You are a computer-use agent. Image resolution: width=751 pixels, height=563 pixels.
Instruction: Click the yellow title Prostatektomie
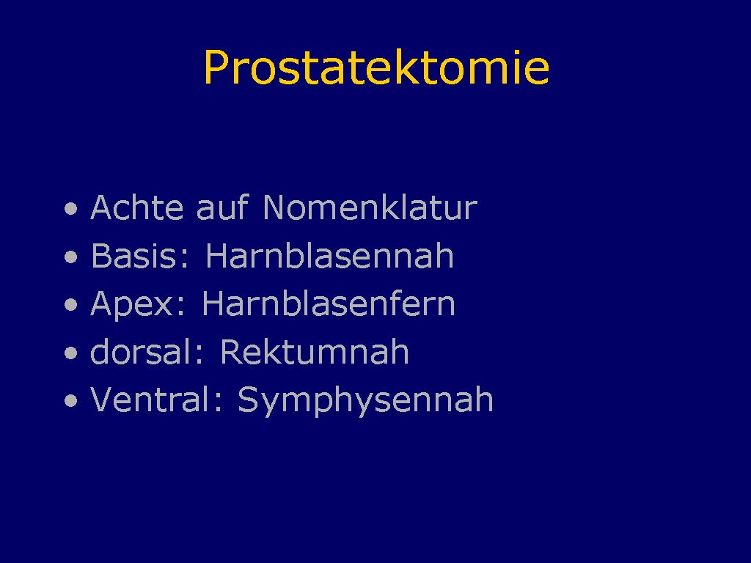(376, 67)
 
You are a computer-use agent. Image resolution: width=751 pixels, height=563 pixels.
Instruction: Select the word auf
(223, 207)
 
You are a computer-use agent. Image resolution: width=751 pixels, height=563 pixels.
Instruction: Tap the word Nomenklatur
(370, 207)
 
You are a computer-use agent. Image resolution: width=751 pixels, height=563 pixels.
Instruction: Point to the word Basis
(133, 255)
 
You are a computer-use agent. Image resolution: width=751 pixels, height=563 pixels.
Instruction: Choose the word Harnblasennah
(329, 255)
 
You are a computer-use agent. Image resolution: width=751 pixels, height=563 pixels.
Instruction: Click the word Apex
(132, 303)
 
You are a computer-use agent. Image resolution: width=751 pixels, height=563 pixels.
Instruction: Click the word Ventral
(151, 400)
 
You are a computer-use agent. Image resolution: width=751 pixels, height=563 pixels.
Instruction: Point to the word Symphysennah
(365, 401)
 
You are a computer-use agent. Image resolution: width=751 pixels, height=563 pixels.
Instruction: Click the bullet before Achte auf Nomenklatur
(71, 209)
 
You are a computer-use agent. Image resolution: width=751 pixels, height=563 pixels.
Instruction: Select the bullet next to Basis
(71, 257)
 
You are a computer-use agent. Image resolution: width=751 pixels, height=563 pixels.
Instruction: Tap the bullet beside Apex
(71, 305)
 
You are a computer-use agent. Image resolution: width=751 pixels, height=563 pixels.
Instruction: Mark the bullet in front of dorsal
(71, 353)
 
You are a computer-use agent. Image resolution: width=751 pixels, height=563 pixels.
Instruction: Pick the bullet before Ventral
(71, 401)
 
